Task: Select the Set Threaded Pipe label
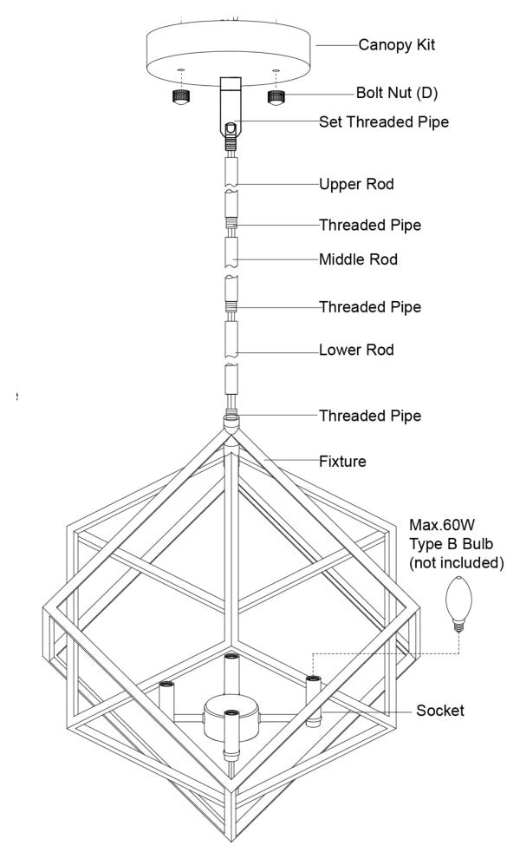384,122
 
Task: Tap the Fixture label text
342,462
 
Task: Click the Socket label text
439,711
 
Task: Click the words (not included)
456,563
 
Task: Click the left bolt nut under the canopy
179,96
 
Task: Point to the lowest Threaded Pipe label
370,416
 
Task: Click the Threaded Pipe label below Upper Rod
370,226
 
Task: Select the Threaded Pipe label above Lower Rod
370,307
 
